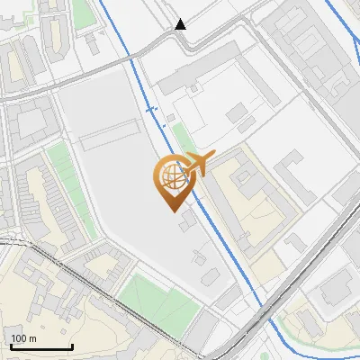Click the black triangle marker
point(181,24)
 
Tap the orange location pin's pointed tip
point(171,210)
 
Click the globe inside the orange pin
point(170,176)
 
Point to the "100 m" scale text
point(23,338)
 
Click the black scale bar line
point(41,346)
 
